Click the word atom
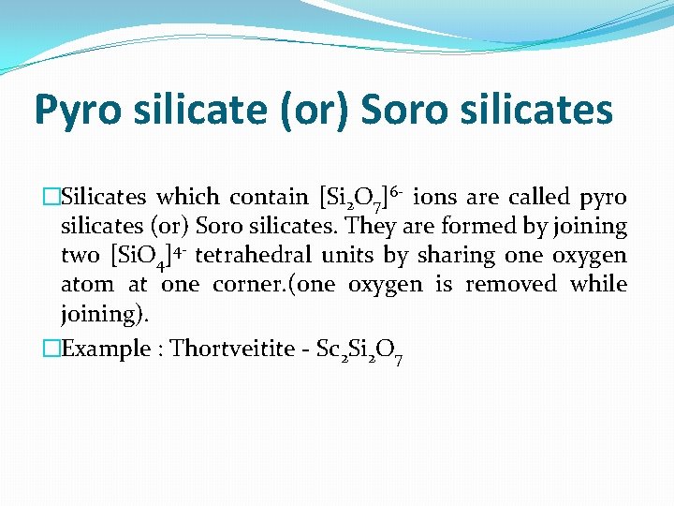(x=85, y=284)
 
